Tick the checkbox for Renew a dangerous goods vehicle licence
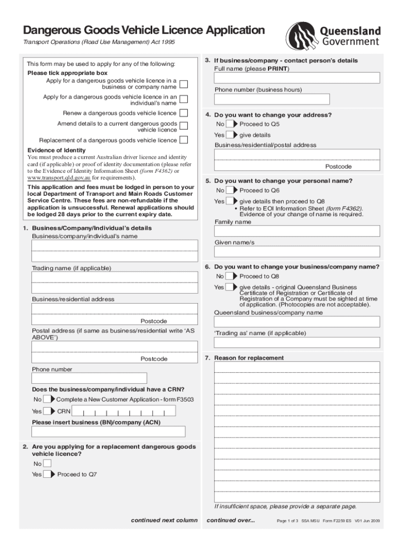coord(184,113)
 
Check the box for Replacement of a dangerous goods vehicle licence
coord(184,140)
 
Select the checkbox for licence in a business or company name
coord(184,84)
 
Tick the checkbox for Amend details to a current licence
coord(184,126)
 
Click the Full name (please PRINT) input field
coord(297,78)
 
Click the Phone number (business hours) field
coord(272,99)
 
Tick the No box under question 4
coord(230,124)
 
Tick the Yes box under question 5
coord(230,201)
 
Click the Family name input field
coord(297,231)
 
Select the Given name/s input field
coord(297,252)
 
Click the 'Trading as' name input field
coord(297,342)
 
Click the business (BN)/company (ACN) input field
coord(108,432)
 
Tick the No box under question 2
coord(47,464)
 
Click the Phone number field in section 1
coord(89,378)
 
